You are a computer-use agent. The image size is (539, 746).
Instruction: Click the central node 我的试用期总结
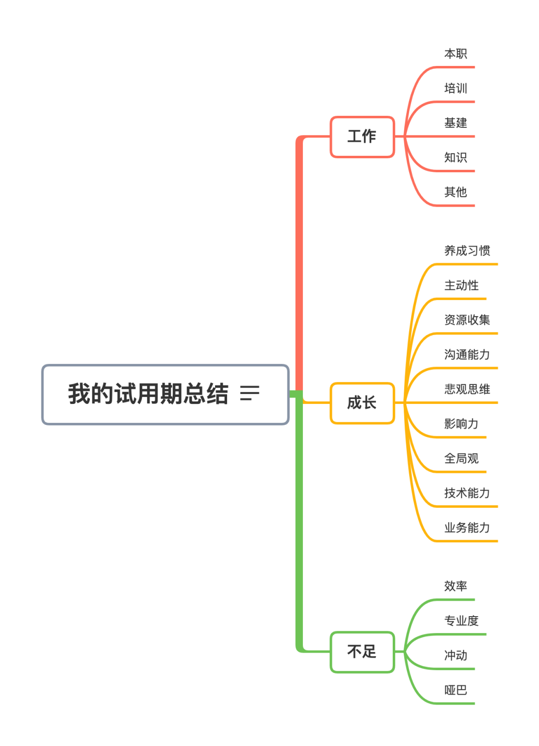pos(148,394)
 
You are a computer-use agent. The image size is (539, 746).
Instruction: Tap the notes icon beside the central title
pos(250,393)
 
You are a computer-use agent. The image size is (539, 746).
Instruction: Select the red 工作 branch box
pos(362,136)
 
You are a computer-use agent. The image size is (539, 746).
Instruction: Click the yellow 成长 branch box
pos(362,402)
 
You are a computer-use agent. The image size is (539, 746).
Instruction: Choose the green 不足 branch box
pos(362,652)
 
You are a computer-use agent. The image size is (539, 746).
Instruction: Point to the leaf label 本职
pos(456,54)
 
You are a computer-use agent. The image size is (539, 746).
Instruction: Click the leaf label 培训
pos(456,88)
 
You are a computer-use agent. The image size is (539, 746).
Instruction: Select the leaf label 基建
pos(456,123)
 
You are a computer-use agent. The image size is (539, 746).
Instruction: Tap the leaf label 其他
pos(456,192)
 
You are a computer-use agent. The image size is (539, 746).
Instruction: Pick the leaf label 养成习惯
pos(467,251)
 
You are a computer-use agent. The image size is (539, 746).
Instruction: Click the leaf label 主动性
pos(461,286)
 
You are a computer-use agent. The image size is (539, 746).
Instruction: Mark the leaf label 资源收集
pos(467,320)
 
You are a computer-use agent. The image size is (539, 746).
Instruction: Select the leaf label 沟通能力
pos(467,355)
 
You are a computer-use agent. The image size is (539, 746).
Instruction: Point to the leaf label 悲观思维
pos(467,389)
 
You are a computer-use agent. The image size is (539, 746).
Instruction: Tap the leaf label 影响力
pos(461,424)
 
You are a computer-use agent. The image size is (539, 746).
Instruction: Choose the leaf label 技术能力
pos(467,493)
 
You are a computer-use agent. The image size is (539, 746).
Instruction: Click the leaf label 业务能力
pos(467,528)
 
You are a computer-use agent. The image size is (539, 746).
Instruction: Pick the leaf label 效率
pos(456,586)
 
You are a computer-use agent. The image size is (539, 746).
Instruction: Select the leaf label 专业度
pos(461,621)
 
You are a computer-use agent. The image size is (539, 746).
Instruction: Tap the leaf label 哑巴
pos(456,690)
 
